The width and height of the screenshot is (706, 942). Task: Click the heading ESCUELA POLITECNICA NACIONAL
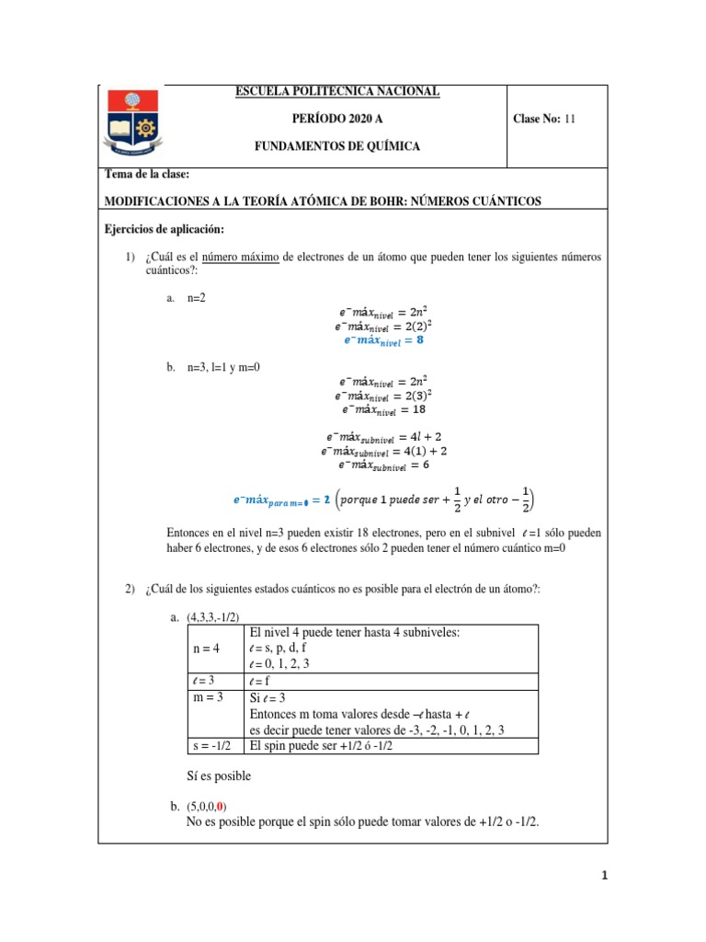(337, 91)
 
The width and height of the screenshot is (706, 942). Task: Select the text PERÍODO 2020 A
(337, 119)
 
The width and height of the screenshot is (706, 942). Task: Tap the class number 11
(570, 119)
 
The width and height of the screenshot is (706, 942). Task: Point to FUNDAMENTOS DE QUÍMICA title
(337, 147)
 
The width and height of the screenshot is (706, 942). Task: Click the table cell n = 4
(207, 648)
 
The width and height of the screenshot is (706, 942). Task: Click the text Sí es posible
(219, 775)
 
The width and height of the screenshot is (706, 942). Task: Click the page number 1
(602, 876)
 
